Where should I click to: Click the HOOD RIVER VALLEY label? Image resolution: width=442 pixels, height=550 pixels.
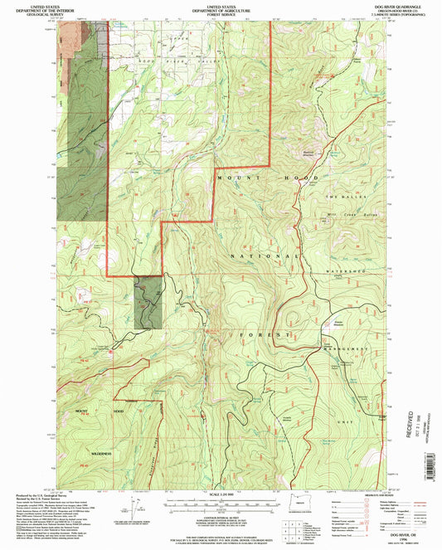point(158,61)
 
